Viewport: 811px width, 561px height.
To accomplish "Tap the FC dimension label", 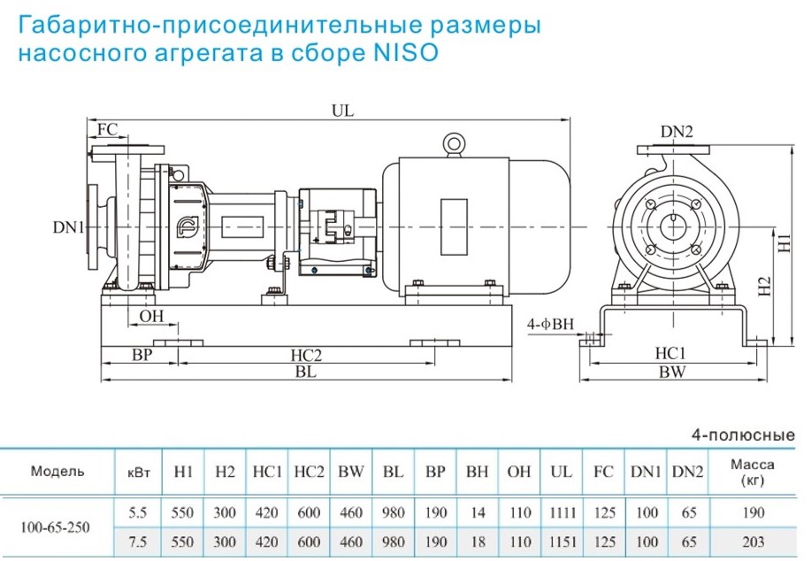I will pyautogui.click(x=107, y=129).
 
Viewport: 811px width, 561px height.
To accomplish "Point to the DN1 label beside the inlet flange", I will pyautogui.click(x=67, y=227).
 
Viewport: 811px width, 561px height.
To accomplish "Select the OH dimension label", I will pyautogui.click(x=151, y=316).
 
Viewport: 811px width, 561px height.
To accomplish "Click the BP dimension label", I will pyautogui.click(x=140, y=356).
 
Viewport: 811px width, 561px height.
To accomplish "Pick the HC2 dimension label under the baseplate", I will pyautogui.click(x=306, y=356).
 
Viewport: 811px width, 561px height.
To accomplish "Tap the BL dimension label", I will pyautogui.click(x=306, y=373).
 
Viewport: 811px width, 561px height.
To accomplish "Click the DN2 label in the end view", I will pyautogui.click(x=677, y=132).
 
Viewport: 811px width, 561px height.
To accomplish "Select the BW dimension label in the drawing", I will pyautogui.click(x=672, y=373).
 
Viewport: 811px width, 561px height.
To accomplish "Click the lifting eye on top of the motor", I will pyautogui.click(x=454, y=143).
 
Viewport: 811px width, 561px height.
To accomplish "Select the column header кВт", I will pyautogui.click(x=140, y=472).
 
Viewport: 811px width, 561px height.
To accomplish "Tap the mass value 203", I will pyautogui.click(x=754, y=539).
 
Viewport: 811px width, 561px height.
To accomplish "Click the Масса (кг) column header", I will pyautogui.click(x=754, y=472).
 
